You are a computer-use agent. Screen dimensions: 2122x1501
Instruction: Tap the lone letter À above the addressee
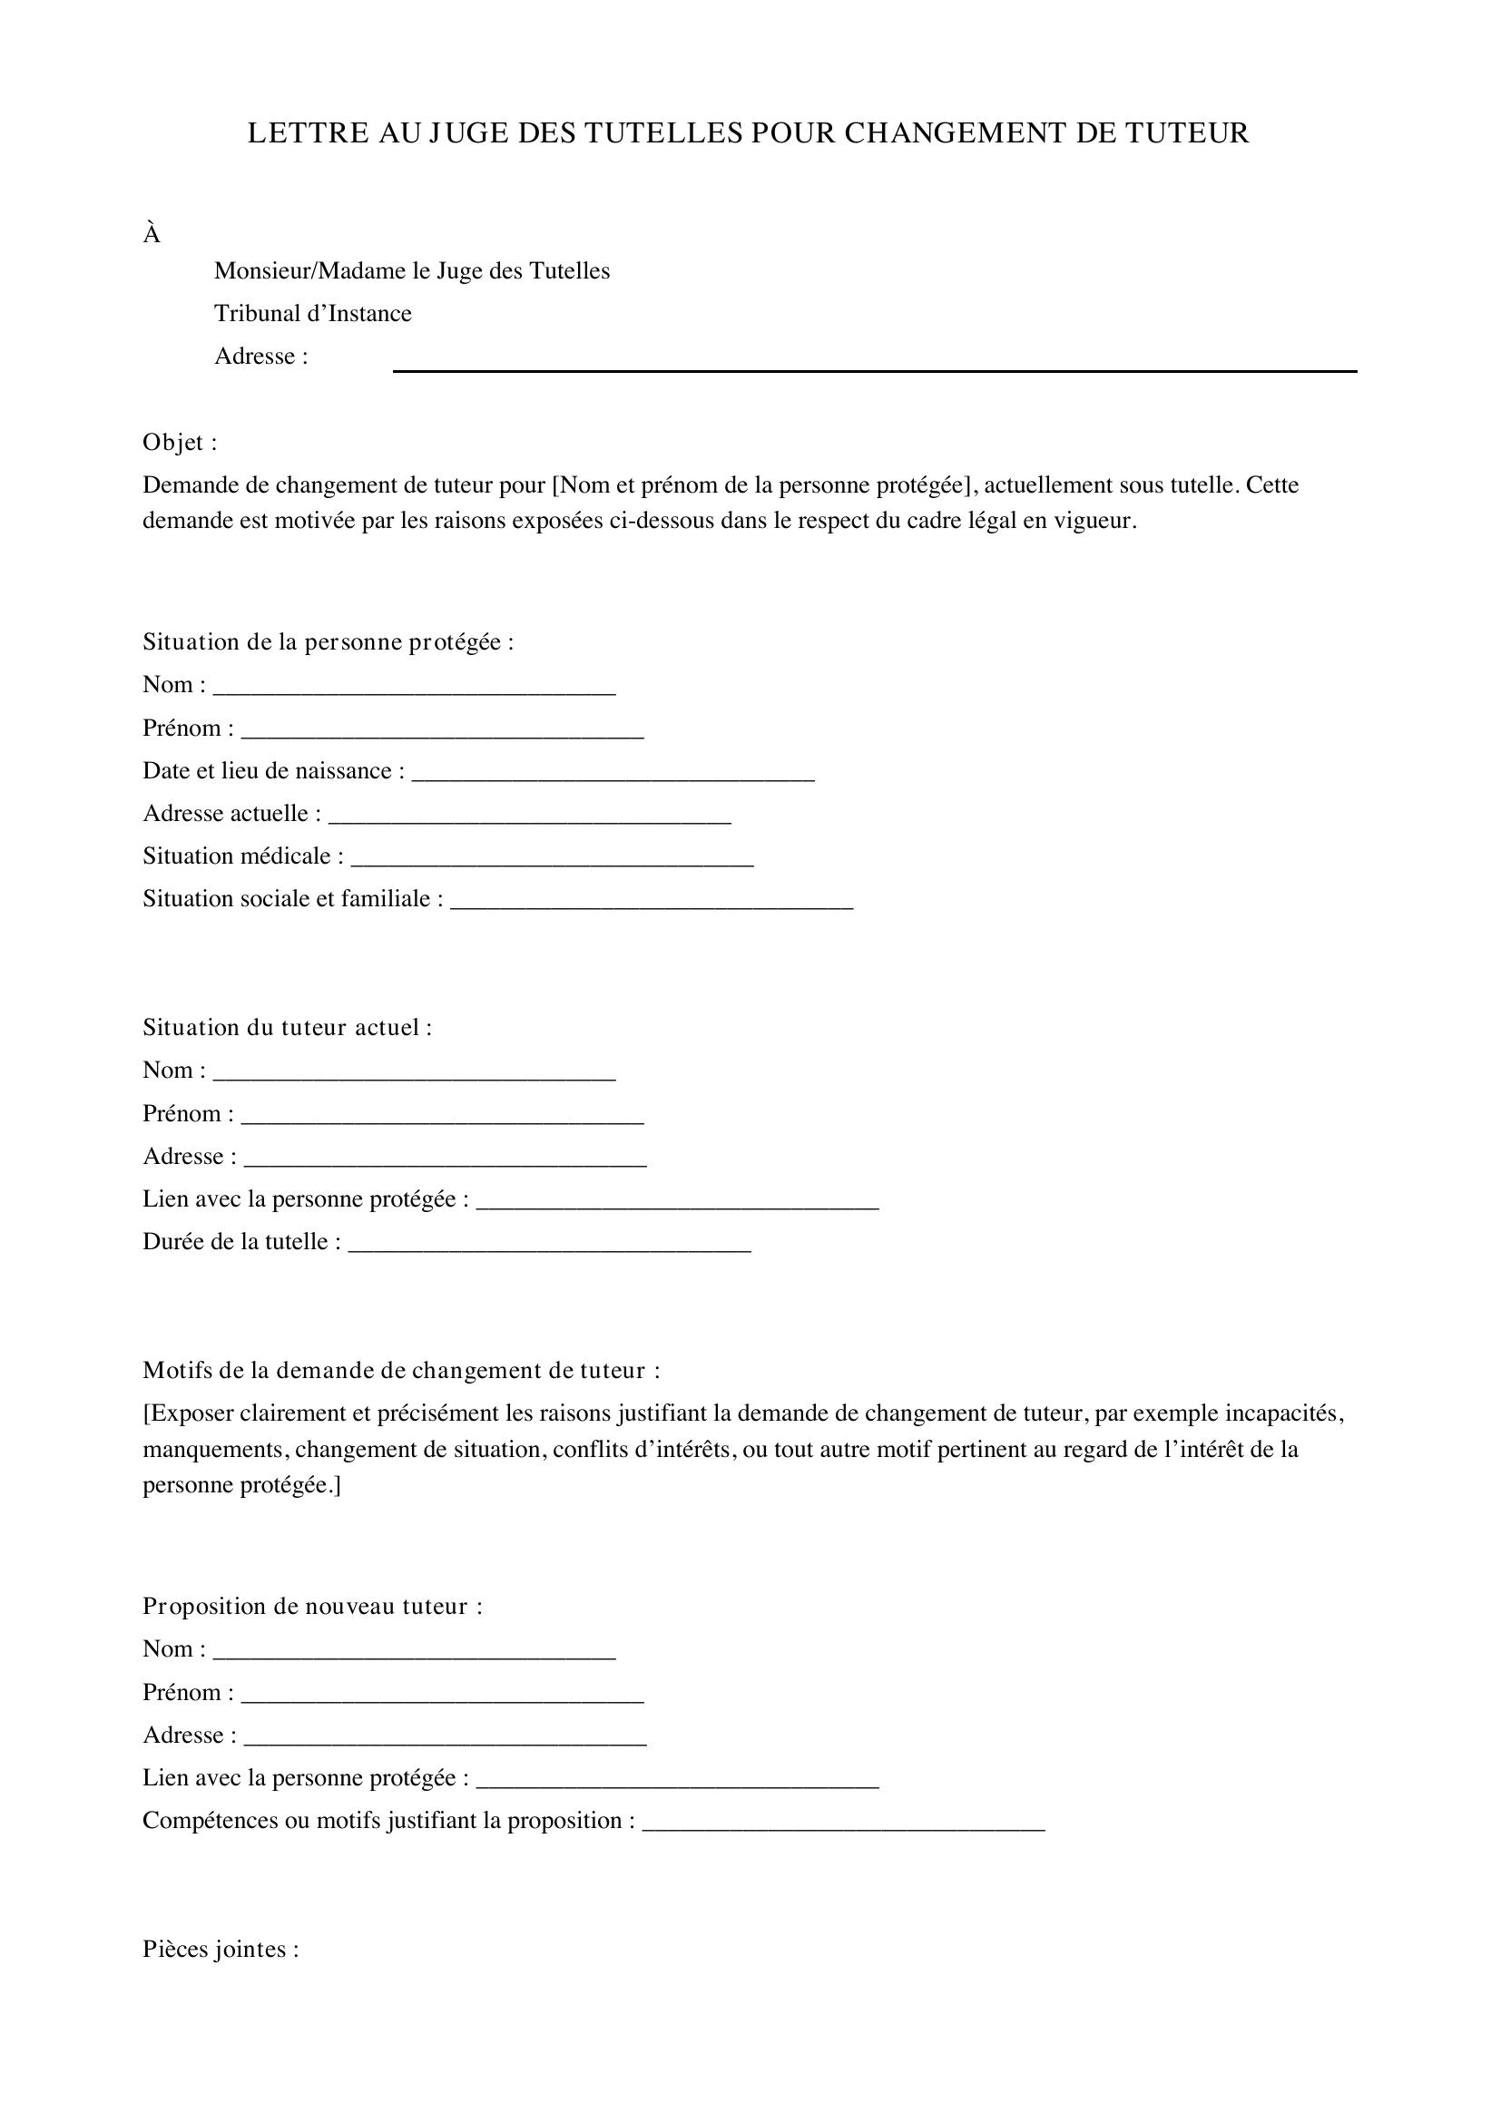tap(152, 236)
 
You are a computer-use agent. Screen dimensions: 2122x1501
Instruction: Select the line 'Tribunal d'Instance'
tap(312, 313)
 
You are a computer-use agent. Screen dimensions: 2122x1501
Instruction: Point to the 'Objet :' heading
tap(180, 443)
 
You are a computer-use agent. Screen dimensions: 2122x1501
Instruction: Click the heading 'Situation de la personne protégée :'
tap(328, 641)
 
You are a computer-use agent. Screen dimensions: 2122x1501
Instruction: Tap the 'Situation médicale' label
tap(243, 856)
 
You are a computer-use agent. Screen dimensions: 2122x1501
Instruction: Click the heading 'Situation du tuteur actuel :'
tap(287, 1027)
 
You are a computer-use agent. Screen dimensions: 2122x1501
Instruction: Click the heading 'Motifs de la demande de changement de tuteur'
tap(401, 1370)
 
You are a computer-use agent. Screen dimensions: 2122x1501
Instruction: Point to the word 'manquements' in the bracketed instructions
tap(213, 1448)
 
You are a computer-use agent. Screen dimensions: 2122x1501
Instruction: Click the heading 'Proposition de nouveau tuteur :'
tap(312, 1606)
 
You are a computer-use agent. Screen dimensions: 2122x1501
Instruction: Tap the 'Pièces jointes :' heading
tap(220, 1948)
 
